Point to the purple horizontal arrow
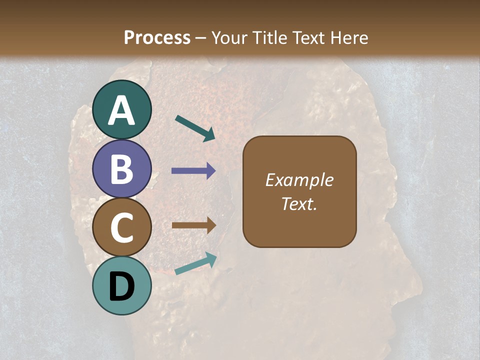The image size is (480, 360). pos(193,171)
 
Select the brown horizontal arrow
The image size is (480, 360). pos(193,225)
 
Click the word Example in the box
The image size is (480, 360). pos(299,180)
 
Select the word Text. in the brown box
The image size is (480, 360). pos(299,204)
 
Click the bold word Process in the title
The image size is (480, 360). pos(157,37)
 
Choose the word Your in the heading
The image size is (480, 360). pos(230,37)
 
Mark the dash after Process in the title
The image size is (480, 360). pos(201,38)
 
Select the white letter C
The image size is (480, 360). pos(121,227)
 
